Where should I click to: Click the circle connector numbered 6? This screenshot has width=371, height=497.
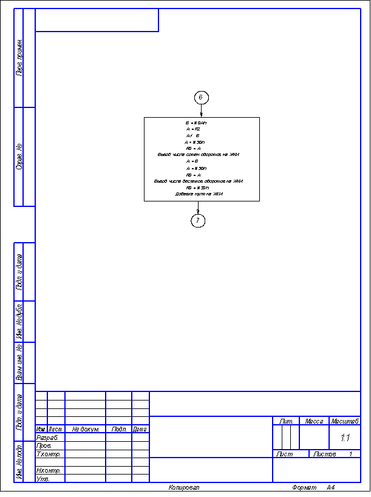[201, 97]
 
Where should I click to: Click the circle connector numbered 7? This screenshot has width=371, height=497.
[198, 221]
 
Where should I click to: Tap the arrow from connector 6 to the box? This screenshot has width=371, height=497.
[201, 110]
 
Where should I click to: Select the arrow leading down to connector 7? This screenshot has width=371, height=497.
[198, 208]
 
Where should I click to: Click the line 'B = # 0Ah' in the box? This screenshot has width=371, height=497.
[196, 123]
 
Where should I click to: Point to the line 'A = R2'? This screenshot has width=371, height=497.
[194, 129]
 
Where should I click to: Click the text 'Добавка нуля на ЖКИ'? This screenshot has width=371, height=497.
[200, 194]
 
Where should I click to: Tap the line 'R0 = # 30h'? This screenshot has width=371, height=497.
[197, 188]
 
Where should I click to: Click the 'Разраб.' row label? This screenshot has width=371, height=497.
[47, 437]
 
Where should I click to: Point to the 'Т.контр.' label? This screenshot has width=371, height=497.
[49, 454]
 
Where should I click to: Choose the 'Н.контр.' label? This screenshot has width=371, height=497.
[49, 470]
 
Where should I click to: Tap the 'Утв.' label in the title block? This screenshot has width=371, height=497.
[43, 479]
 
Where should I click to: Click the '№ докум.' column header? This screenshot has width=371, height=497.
[85, 429]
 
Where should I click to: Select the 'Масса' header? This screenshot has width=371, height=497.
[314, 421]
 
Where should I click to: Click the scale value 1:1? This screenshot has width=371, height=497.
[345, 437]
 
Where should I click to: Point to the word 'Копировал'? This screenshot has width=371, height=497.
[184, 487]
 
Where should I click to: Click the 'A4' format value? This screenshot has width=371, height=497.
[330, 487]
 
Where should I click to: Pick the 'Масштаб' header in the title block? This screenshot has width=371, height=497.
[345, 421]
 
